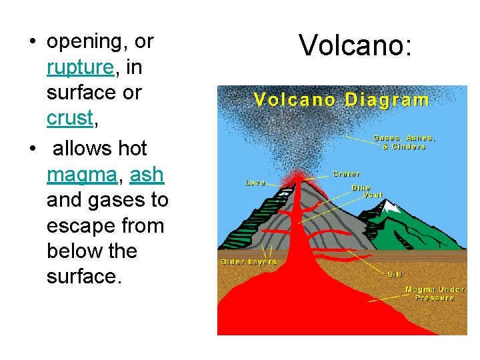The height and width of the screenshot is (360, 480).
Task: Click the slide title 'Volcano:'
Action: point(356,46)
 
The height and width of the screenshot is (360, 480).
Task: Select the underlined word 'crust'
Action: point(69,118)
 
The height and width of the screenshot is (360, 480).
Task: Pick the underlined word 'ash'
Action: point(147,175)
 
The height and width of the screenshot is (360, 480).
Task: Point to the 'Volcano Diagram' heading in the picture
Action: point(341,101)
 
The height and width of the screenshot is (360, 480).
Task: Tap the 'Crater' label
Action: point(347,174)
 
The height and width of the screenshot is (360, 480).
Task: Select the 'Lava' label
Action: point(255,181)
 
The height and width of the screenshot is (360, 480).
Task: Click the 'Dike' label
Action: point(361,188)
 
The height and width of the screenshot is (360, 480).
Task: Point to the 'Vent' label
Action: point(373,195)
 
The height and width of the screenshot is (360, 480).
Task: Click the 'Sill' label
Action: point(395,274)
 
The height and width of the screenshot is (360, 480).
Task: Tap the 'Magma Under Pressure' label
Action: point(435,293)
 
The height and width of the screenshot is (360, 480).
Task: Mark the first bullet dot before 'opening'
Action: point(31,42)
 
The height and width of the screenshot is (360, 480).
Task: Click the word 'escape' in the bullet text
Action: point(77,225)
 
